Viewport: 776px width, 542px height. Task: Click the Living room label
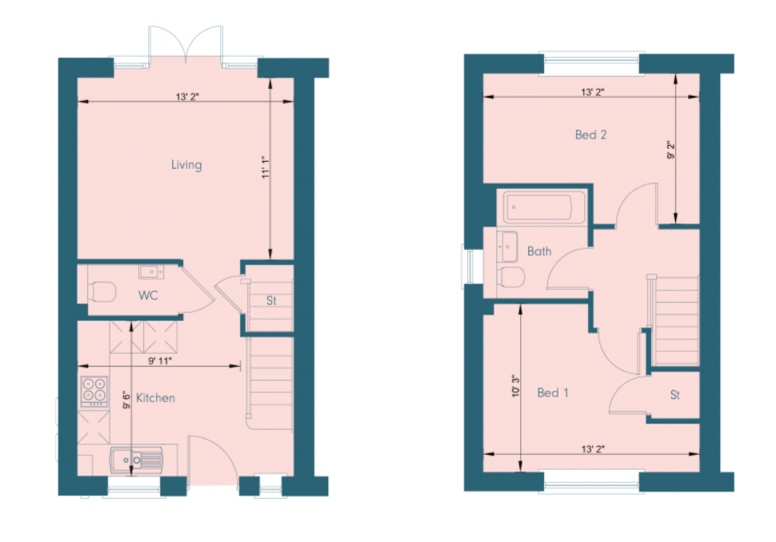coord(186,165)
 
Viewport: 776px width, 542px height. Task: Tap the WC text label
coord(148,295)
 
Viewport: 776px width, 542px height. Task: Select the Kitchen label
coord(155,398)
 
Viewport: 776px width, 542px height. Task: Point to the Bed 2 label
coord(590,134)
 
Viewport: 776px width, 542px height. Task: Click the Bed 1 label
coord(553,392)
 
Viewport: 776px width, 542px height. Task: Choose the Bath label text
coord(539,251)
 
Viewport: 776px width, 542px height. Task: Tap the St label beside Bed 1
coord(675,395)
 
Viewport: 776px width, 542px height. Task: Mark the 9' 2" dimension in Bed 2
coord(670,151)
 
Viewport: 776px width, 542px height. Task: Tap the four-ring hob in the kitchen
coord(94,390)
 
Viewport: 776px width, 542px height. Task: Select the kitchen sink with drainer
coord(136,460)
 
